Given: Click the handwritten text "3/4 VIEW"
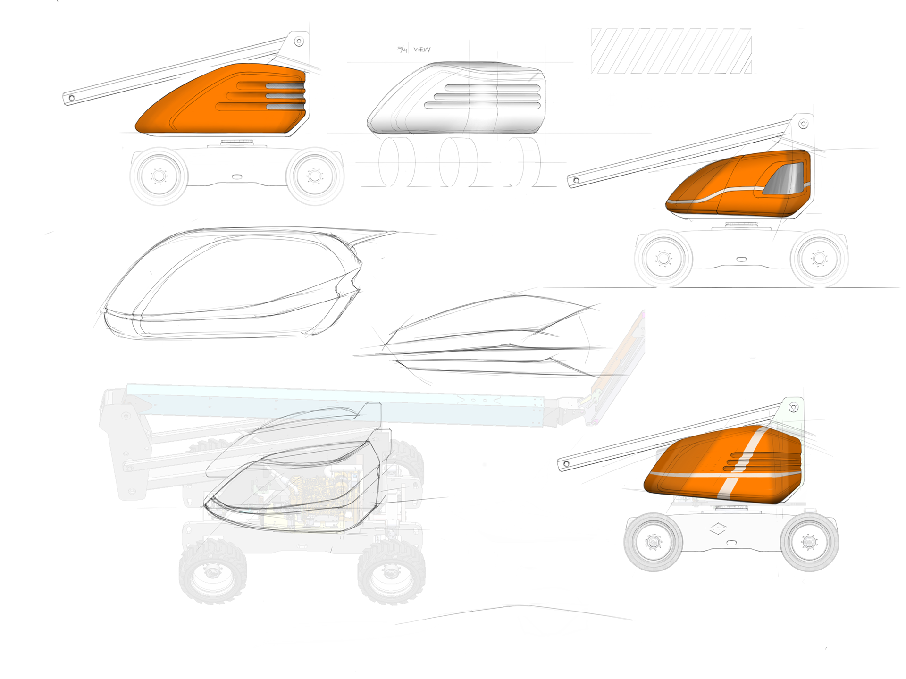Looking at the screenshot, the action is coord(413,50).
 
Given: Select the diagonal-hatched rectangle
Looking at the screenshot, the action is coord(671,51).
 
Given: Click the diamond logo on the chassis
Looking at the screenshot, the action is coord(718,528).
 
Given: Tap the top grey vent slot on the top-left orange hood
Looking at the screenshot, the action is coord(285,86).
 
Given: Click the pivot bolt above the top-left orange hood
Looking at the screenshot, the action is coord(299,42).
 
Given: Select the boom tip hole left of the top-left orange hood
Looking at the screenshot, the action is coord(72,98).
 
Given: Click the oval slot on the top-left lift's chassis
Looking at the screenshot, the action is coord(237,177).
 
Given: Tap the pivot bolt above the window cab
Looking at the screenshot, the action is coord(803,124).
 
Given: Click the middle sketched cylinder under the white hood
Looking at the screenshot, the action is coord(458,162).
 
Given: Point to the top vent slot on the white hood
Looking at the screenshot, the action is coord(492,88).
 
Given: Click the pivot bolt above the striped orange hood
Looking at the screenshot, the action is coord(794,407).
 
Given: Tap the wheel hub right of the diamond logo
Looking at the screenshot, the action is coord(809,541).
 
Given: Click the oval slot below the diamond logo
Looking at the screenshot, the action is coord(731,543).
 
